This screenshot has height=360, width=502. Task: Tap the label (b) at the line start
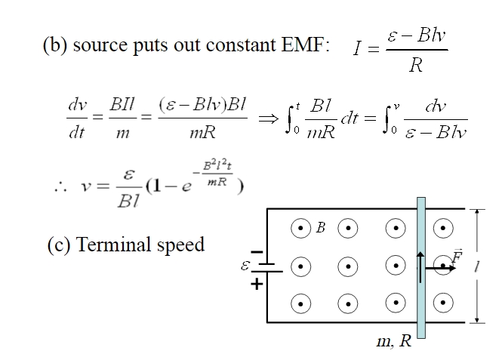click(54, 45)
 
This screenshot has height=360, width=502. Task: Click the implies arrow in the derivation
click(269, 120)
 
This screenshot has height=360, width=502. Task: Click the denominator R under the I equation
click(415, 66)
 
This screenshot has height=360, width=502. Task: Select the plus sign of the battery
click(257, 284)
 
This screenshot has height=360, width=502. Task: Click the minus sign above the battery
click(257, 251)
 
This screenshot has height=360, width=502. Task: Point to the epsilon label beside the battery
click(245, 266)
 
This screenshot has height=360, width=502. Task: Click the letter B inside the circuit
click(320, 228)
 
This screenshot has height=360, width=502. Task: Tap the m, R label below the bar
click(394, 341)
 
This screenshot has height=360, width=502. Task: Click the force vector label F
click(457, 257)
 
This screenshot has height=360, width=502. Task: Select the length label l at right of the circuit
click(477, 266)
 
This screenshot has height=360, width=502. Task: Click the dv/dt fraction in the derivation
click(77, 121)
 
